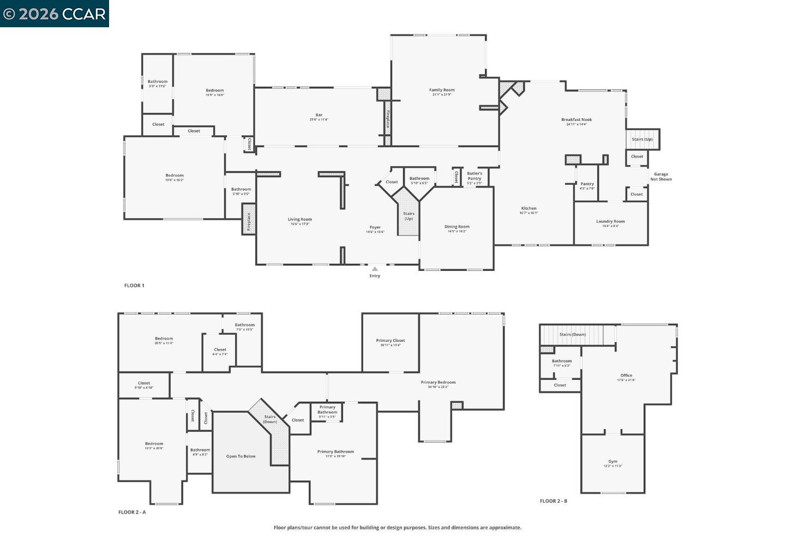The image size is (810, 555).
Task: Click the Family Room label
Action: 441,91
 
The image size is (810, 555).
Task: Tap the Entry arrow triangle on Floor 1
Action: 375,269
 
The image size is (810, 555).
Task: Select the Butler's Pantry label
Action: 474,176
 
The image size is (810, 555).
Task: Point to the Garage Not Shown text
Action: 661,177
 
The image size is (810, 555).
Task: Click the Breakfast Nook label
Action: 576,120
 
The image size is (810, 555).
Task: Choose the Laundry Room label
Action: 610,221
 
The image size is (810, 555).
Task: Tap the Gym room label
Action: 613,462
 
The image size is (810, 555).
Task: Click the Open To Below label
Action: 241,456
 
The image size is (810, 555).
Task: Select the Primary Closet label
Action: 390,341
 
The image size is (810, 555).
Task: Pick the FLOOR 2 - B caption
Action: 553,501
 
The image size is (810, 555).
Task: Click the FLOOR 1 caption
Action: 134,286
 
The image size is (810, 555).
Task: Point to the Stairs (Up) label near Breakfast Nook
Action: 642,140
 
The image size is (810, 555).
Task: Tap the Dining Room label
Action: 457,227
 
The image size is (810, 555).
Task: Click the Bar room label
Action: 319,115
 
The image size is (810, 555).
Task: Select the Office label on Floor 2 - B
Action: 626,376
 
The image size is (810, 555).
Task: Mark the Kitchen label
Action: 529,208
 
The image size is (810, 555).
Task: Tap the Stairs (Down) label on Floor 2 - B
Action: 572,335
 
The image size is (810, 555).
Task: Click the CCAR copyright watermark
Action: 54,14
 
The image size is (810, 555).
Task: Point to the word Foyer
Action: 375,227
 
